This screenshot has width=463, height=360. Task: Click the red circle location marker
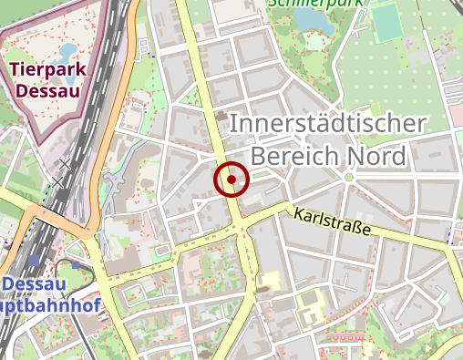click(231, 180)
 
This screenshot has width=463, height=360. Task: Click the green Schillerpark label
click(314, 4)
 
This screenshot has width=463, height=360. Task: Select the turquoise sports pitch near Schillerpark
click(388, 23)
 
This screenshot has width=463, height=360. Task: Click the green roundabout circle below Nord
click(349, 178)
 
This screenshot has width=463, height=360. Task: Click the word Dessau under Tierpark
click(48, 91)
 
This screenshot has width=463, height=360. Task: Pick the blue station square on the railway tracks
click(34, 261)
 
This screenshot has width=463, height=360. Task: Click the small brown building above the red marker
click(221, 116)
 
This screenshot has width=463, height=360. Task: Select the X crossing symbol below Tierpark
click(64, 165)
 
